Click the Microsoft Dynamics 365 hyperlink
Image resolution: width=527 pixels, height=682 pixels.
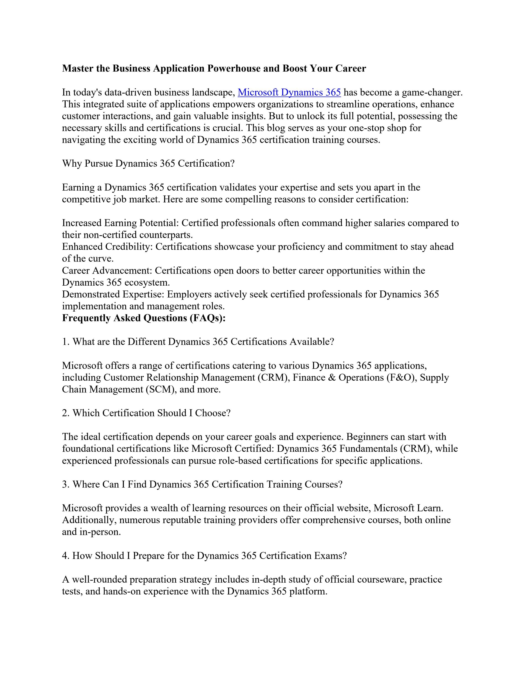pos(289,93)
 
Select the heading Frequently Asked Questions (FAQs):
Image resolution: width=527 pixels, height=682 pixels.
pos(144,318)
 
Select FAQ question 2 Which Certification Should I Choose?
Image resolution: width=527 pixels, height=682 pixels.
pos(146,413)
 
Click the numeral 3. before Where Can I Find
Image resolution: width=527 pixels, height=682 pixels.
pos(66,484)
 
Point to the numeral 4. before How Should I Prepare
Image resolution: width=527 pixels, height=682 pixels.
pos(66,556)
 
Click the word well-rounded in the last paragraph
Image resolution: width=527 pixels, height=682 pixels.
pos(100,580)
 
